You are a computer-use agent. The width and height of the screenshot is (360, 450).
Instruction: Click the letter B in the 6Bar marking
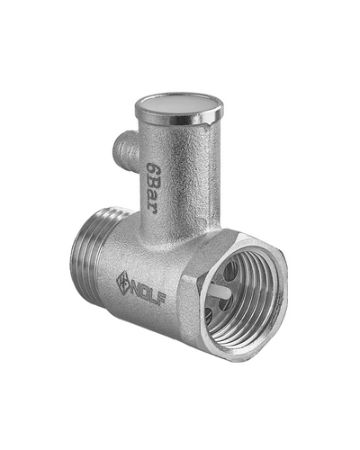(x=153, y=185)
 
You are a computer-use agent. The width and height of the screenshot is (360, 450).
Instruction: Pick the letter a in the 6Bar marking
(x=153, y=199)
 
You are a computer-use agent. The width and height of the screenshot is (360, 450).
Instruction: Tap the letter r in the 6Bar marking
(x=153, y=210)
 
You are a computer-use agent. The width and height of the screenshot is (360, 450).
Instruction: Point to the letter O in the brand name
(x=145, y=293)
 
